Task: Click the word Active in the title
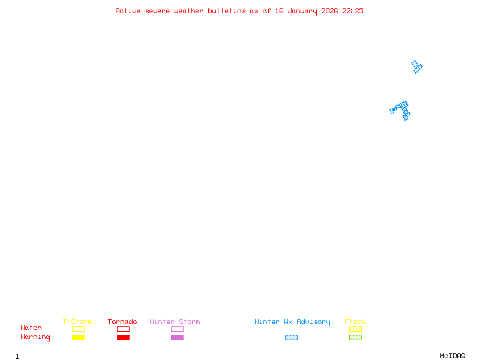click(x=128, y=11)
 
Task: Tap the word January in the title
click(x=302, y=11)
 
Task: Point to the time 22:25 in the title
click(x=353, y=11)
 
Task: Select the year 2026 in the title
click(x=330, y=11)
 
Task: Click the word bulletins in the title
click(x=227, y=11)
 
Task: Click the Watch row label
click(x=31, y=328)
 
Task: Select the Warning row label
click(x=35, y=337)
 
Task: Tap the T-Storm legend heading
click(x=77, y=322)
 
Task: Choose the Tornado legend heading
click(x=122, y=322)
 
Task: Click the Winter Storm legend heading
click(x=175, y=322)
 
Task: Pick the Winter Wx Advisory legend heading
click(x=292, y=322)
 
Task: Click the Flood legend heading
click(x=355, y=322)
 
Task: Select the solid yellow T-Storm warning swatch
click(x=78, y=338)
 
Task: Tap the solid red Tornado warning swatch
click(x=123, y=338)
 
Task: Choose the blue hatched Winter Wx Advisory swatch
click(x=291, y=338)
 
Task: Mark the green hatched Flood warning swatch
click(x=355, y=338)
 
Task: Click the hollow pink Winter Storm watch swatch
click(x=177, y=329)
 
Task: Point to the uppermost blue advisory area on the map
click(x=416, y=67)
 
